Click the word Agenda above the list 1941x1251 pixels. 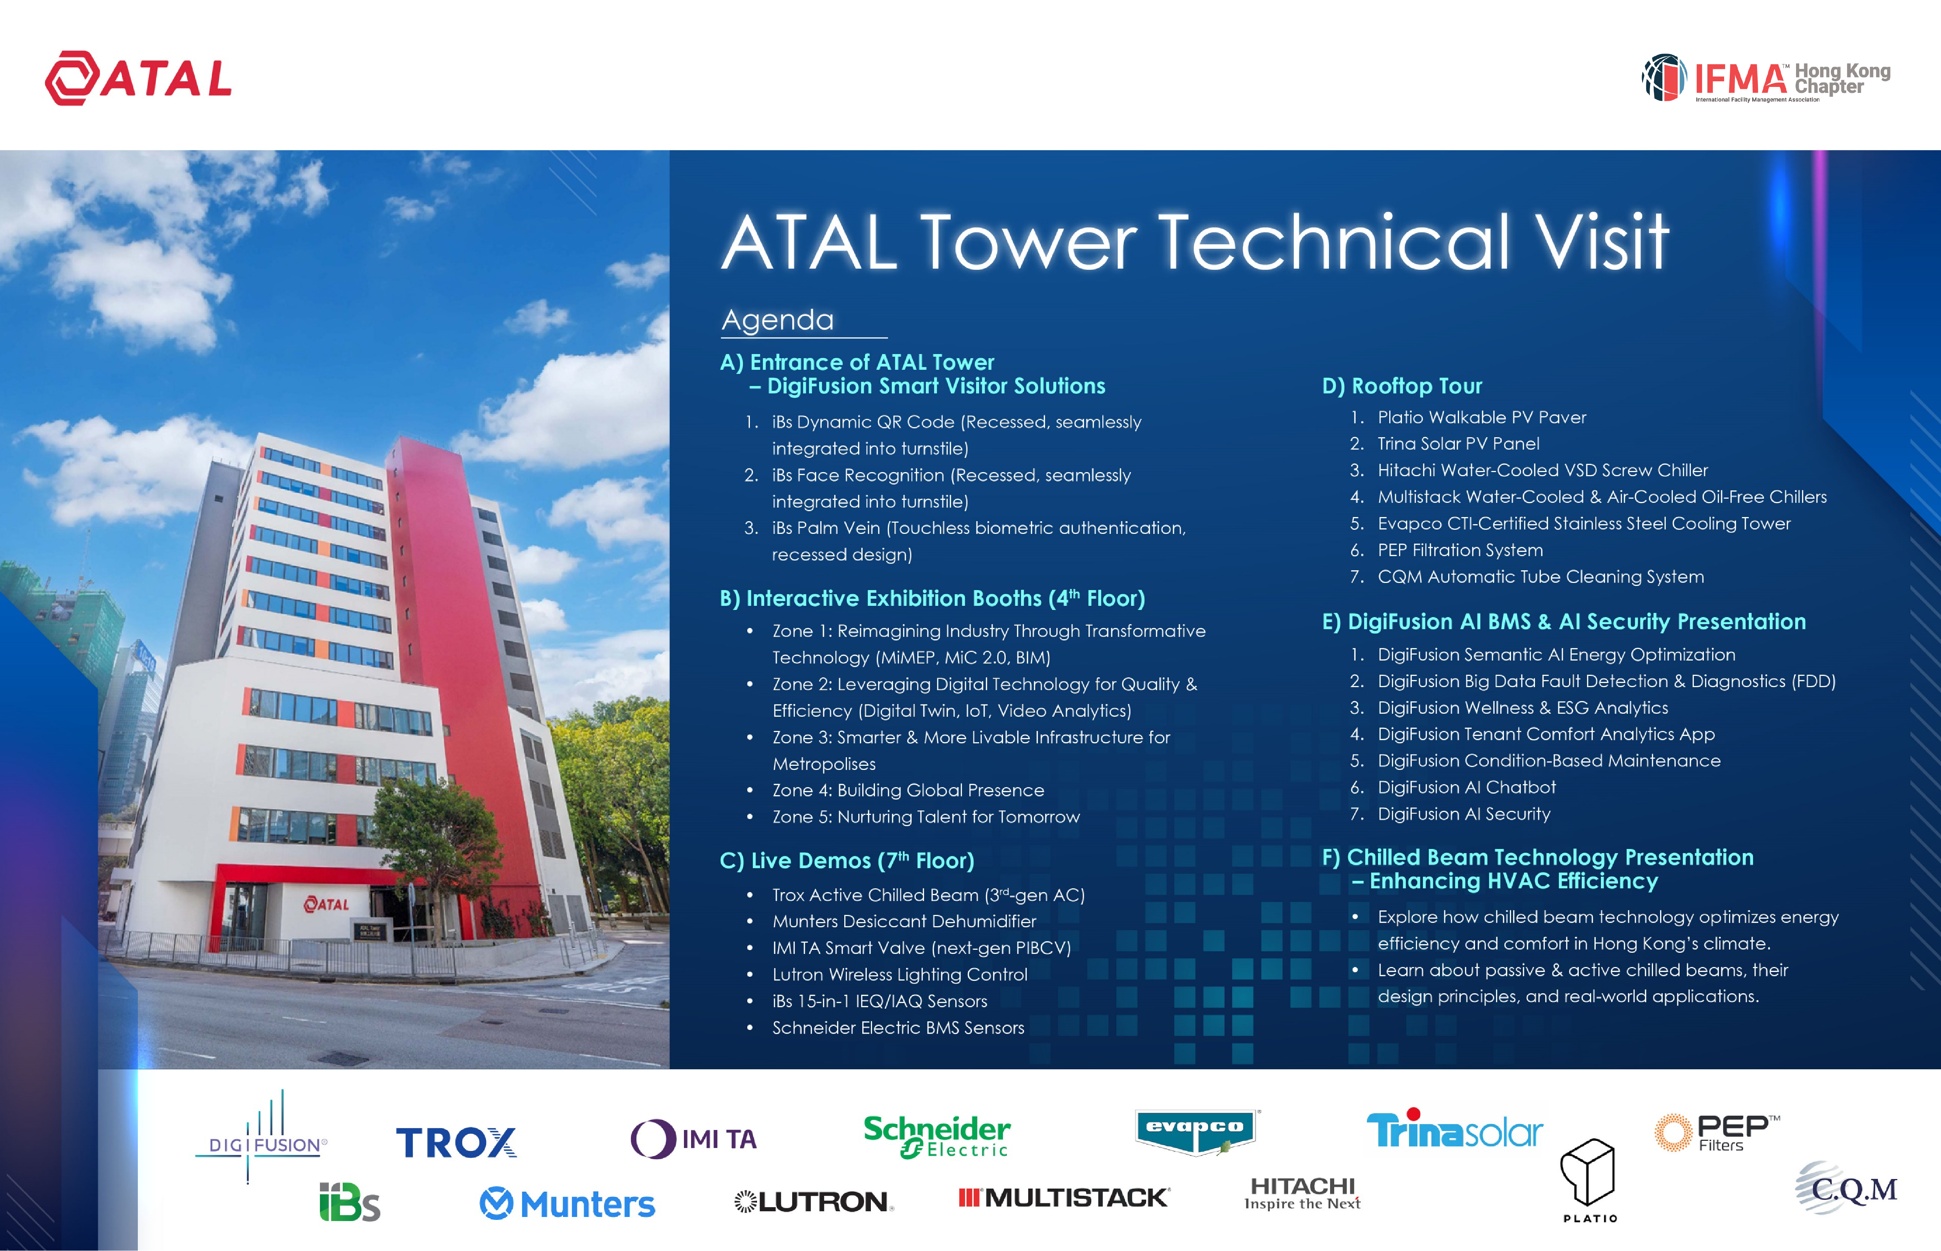[x=777, y=320]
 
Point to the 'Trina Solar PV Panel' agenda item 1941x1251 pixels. [x=1458, y=444]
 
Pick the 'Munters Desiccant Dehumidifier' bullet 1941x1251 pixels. [x=904, y=921]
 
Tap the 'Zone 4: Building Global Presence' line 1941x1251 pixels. [x=908, y=791]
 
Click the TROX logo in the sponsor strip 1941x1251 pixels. [x=457, y=1142]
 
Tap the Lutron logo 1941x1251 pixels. [x=814, y=1202]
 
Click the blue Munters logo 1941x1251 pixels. [x=567, y=1204]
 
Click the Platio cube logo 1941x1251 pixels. [x=1589, y=1179]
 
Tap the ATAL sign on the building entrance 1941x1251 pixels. [x=327, y=904]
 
